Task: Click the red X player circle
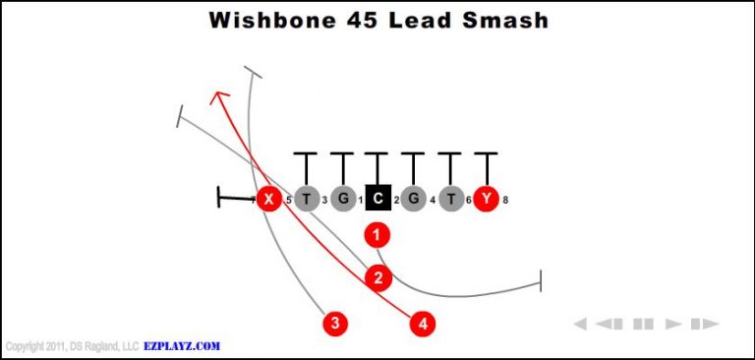tap(267, 200)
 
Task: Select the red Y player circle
tap(487, 200)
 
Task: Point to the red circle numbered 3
tap(336, 323)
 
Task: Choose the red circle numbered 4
tap(423, 323)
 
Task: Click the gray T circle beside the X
tap(307, 200)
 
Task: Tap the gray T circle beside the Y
tap(450, 200)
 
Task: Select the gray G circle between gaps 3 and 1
tap(342, 200)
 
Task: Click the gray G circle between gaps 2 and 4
tap(414, 200)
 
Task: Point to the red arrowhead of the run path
tap(220, 95)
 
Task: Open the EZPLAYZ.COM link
tap(183, 346)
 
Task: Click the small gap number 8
tap(505, 201)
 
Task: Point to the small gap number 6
tap(469, 201)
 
